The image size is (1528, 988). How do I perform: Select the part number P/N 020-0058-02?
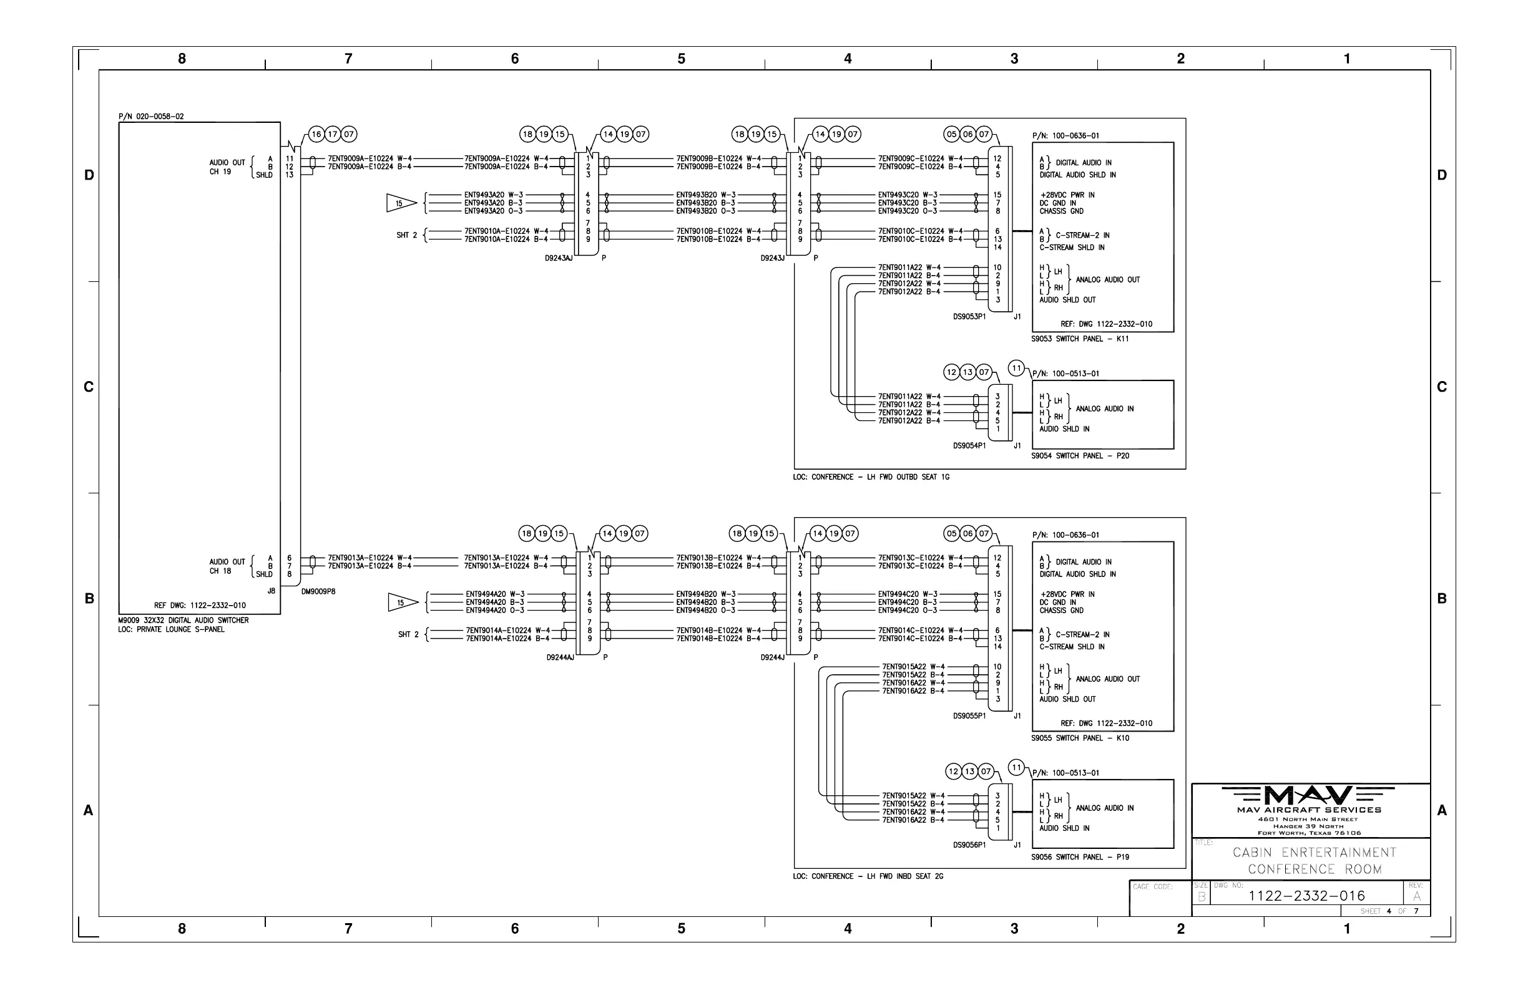[151, 117]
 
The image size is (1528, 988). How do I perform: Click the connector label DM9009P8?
[318, 591]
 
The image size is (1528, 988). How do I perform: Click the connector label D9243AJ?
[558, 259]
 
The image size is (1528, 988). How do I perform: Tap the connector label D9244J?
[772, 657]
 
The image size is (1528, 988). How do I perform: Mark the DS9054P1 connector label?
[969, 446]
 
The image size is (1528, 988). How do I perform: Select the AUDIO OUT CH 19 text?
[227, 167]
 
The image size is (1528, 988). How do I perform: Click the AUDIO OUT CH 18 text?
[227, 566]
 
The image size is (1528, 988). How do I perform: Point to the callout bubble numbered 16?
[316, 135]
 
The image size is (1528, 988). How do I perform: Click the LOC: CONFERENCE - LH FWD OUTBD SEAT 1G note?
[871, 477]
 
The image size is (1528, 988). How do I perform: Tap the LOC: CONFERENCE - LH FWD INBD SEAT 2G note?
[868, 876]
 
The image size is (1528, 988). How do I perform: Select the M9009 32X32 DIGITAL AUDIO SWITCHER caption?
[183, 621]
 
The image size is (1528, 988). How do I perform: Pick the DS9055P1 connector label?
[969, 716]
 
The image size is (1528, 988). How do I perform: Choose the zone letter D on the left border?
[89, 175]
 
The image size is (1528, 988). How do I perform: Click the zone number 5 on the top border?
[681, 59]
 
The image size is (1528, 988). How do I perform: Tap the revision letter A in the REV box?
[1416, 897]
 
